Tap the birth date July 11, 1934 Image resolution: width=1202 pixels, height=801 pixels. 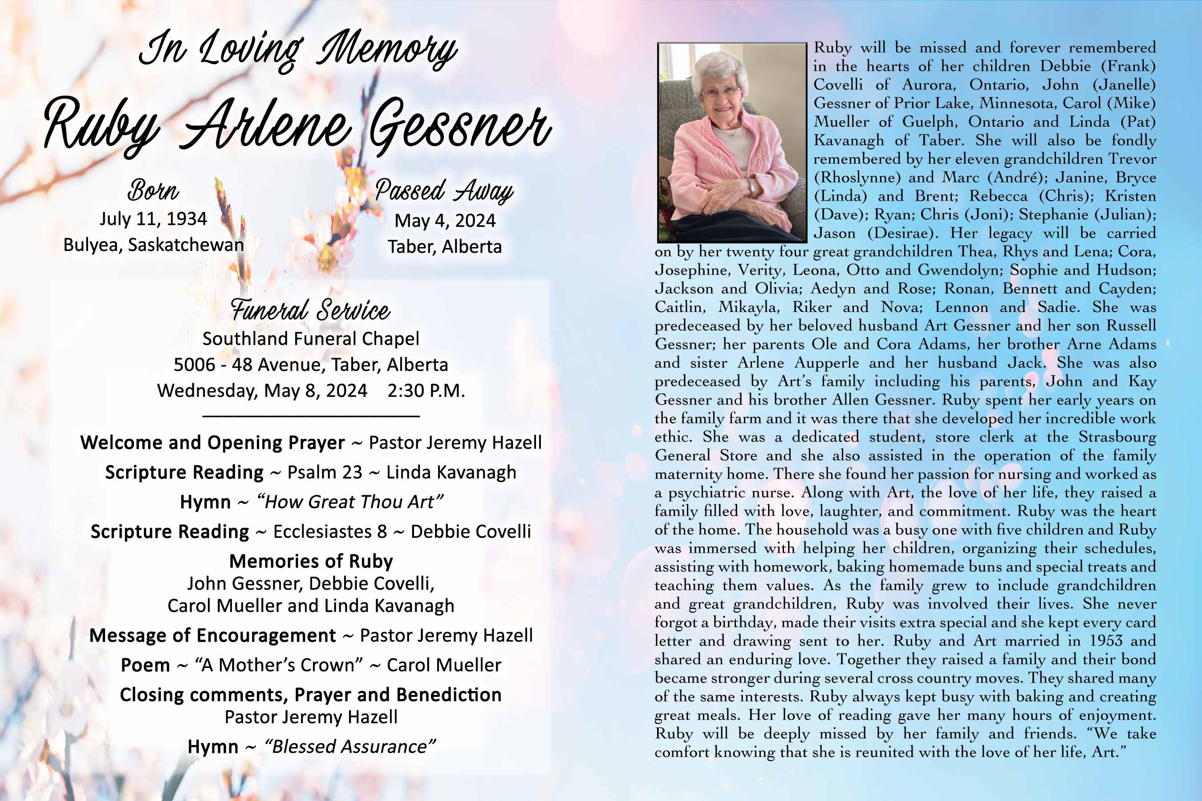pos(153,218)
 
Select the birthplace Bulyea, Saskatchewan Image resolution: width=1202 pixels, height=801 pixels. pos(153,245)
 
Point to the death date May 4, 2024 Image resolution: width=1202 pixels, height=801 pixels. pos(445,221)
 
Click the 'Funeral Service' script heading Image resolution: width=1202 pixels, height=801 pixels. pos(310,310)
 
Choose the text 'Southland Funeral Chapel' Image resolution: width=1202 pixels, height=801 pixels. pos(311,339)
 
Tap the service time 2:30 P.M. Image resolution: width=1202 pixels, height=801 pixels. pos(426,391)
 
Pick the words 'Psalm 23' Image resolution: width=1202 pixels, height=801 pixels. pos(325,473)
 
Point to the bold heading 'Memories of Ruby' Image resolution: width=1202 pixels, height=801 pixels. pos(311,562)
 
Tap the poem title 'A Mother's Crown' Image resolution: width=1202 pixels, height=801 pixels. pos(279,665)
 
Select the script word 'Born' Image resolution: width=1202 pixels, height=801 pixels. pos(153,190)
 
